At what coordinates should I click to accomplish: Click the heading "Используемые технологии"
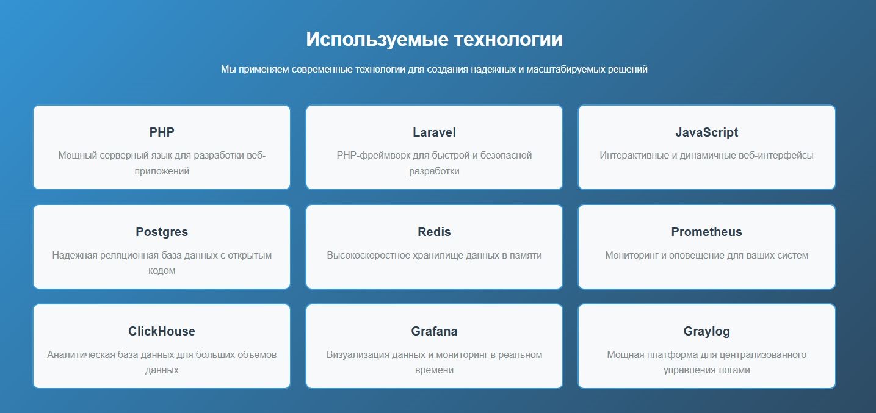(434, 40)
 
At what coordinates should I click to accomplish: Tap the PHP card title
(162, 132)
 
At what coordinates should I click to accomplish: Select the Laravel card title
(434, 132)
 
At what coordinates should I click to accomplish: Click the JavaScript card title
(706, 132)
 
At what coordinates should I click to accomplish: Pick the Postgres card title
(162, 232)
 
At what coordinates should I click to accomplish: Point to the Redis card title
(434, 232)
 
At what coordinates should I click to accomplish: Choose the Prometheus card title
(706, 232)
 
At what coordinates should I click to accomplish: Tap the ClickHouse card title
(162, 331)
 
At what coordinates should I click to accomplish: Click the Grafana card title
(434, 331)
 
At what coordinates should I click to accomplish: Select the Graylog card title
(706, 331)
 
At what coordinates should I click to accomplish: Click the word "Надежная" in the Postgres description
(74, 255)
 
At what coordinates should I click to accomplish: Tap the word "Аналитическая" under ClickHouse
(78, 354)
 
